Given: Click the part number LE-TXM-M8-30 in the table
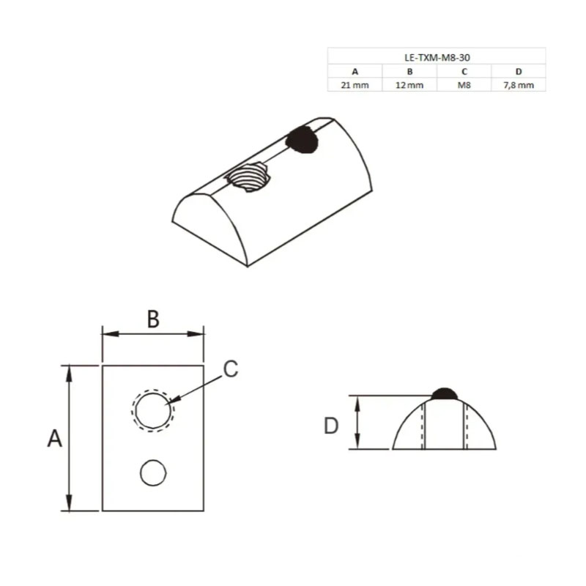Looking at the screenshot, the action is pos(437,58).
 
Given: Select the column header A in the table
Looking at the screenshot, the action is pos(355,71).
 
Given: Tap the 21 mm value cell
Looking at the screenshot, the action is pos(355,85).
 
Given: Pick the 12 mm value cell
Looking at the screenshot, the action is pos(409,85).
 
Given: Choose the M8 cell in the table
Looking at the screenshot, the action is pos(464,85).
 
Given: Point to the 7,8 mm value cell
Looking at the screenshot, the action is pos(519,85).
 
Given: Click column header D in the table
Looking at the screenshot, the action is pos(519,71).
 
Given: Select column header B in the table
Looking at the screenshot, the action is pos(409,71).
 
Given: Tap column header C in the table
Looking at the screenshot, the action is pos(464,71).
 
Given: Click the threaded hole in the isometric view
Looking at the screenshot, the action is pos(248,177).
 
